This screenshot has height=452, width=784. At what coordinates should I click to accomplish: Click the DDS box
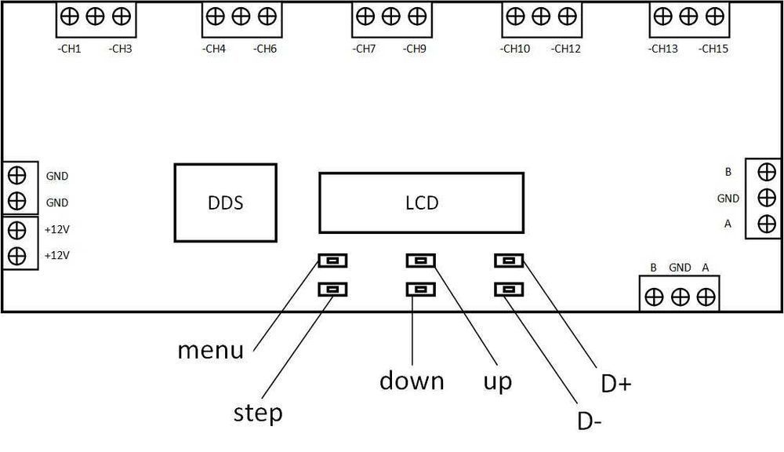click(226, 202)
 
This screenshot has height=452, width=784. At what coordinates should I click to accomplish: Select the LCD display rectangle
click(422, 202)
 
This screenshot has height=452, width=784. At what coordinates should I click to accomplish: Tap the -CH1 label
click(70, 49)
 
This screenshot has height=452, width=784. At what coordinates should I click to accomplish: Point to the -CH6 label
click(264, 49)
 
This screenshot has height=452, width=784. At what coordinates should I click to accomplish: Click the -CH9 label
click(415, 49)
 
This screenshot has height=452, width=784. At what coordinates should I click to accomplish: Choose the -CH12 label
click(566, 49)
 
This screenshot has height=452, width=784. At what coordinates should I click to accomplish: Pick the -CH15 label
click(713, 49)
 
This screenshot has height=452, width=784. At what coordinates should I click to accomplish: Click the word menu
click(211, 350)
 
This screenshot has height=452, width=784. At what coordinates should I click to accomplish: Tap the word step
click(258, 414)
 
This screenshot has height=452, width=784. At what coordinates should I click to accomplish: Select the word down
click(412, 381)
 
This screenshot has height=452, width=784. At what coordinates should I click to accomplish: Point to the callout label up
click(498, 382)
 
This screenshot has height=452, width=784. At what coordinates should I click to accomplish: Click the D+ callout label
click(616, 384)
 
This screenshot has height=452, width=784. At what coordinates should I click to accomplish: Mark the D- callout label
click(590, 421)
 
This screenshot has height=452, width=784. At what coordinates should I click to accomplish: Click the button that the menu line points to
click(333, 261)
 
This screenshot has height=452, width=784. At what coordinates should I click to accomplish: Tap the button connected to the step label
click(333, 290)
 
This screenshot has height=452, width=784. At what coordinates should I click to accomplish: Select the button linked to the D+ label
click(509, 261)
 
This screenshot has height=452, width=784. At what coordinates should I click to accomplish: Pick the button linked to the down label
click(421, 290)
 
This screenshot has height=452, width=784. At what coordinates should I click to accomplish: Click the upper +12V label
click(57, 230)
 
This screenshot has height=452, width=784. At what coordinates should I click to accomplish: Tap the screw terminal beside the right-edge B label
click(767, 172)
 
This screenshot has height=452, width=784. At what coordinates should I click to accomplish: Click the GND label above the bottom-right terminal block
click(680, 268)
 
